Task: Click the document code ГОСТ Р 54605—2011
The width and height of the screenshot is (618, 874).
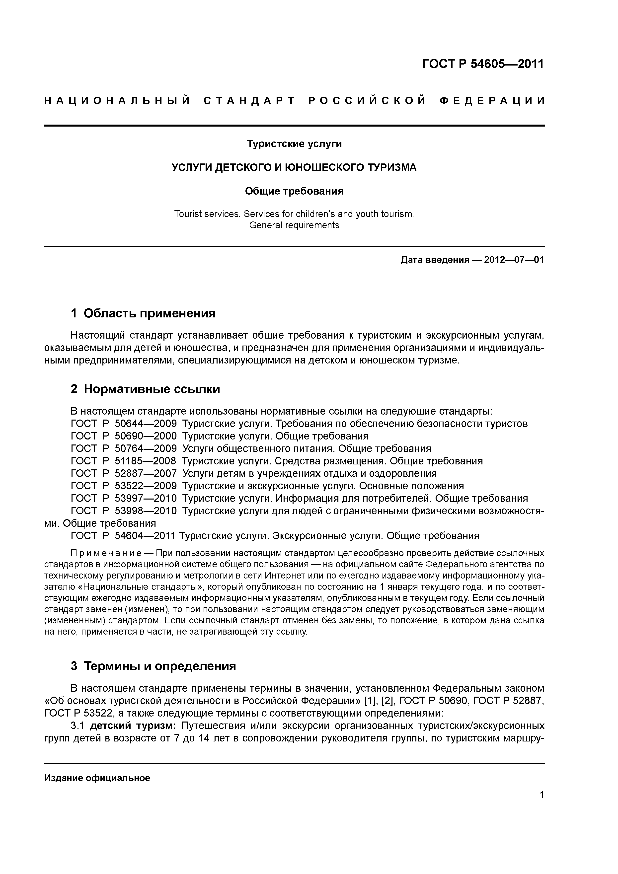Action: (483, 64)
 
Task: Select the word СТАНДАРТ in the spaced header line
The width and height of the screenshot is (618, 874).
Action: (249, 101)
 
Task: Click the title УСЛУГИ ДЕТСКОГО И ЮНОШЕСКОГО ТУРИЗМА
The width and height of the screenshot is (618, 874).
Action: (294, 167)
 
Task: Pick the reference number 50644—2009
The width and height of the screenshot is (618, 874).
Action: (146, 424)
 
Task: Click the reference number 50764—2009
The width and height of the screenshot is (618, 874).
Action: (146, 448)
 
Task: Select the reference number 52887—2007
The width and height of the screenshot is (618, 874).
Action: (146, 474)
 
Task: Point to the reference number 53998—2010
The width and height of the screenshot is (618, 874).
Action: (146, 511)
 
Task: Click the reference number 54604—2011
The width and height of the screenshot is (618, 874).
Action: (145, 536)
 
